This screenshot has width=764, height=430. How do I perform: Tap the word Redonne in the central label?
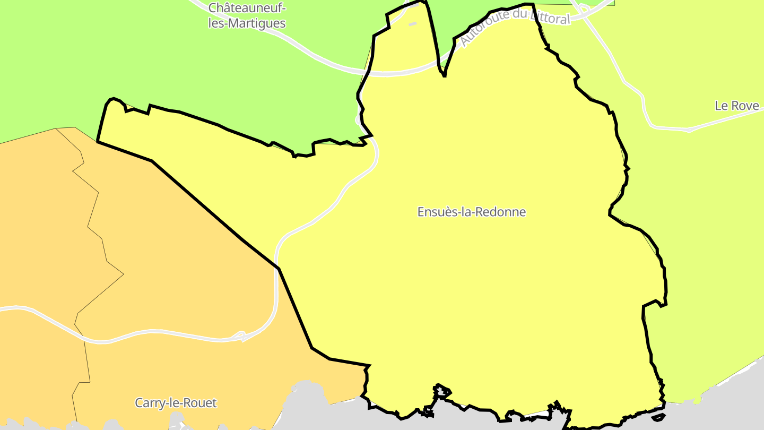(x=502, y=212)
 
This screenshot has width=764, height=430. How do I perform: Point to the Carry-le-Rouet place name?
(x=176, y=403)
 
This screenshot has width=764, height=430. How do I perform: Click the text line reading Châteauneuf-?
(x=247, y=8)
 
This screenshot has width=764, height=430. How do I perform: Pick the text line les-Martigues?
(x=247, y=23)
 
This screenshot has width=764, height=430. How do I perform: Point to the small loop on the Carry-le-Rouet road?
(x=240, y=336)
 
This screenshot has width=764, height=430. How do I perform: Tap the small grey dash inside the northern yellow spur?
(x=412, y=24)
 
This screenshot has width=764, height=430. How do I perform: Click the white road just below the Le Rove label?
(x=690, y=129)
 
